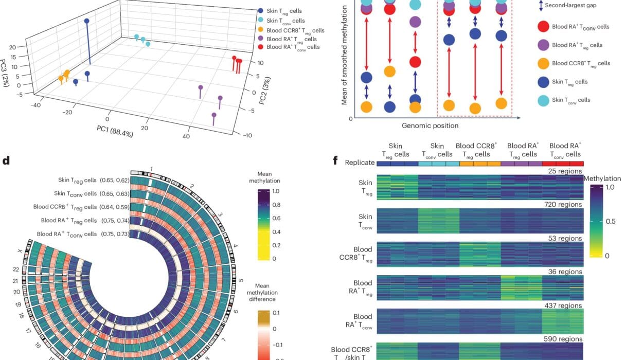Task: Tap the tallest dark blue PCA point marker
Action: click(x=86, y=21)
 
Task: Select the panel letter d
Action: click(x=6, y=160)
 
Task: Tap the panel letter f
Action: click(x=335, y=160)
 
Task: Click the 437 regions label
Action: click(x=563, y=305)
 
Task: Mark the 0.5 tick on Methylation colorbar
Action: click(x=612, y=221)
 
